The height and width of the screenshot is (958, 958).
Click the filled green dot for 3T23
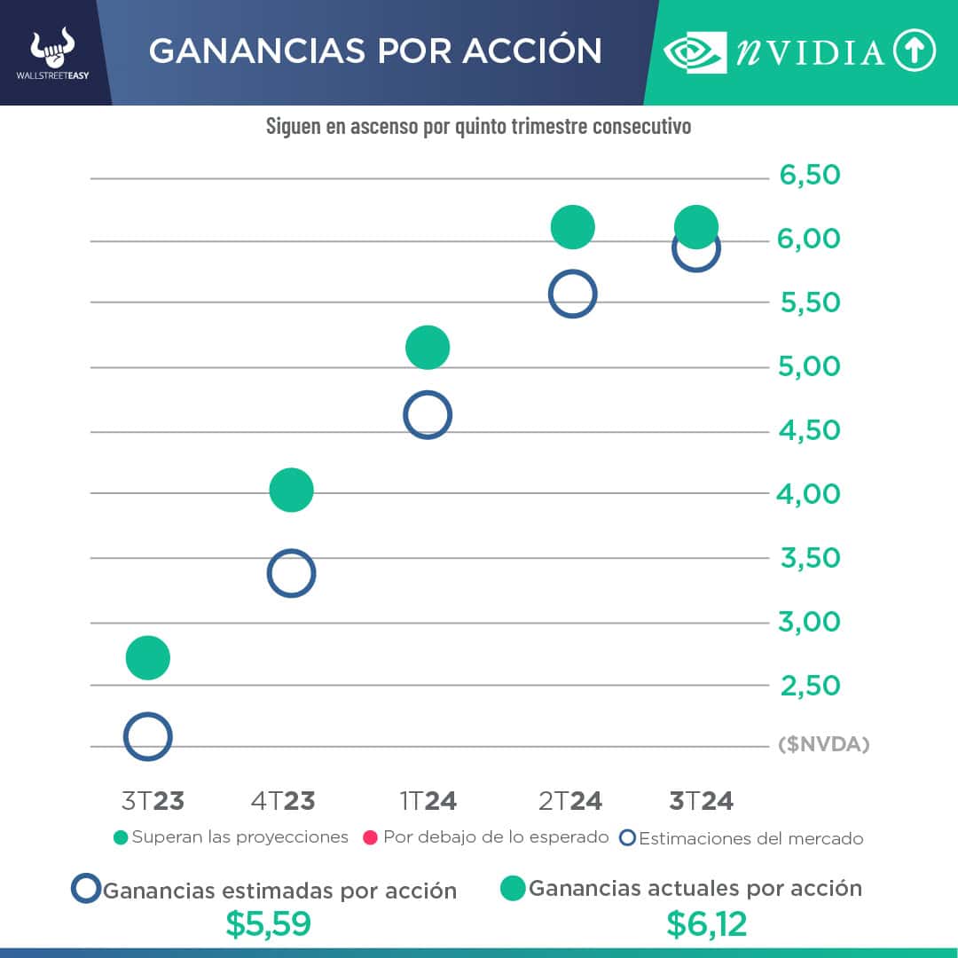(x=147, y=657)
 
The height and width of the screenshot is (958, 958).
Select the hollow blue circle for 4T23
(x=291, y=573)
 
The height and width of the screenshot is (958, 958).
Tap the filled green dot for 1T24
(x=428, y=347)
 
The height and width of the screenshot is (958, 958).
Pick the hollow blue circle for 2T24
(x=572, y=294)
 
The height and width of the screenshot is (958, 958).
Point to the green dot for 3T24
(x=695, y=226)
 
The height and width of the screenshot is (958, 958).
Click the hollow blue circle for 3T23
(x=147, y=736)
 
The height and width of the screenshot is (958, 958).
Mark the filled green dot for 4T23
(x=291, y=490)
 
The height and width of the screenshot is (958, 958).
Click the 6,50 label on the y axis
(x=810, y=176)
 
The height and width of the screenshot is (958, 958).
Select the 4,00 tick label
(x=809, y=493)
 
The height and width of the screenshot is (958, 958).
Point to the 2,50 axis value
(x=809, y=686)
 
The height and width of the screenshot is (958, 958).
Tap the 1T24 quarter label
(x=428, y=801)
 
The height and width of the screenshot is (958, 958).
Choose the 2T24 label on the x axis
(x=570, y=801)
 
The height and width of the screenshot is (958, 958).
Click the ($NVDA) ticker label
(x=824, y=745)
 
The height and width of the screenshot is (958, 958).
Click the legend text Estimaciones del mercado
(x=750, y=838)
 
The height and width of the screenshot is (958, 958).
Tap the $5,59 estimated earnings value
(x=268, y=924)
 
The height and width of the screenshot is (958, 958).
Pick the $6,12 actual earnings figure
(x=706, y=924)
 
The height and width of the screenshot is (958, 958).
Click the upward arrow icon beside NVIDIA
(x=915, y=51)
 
